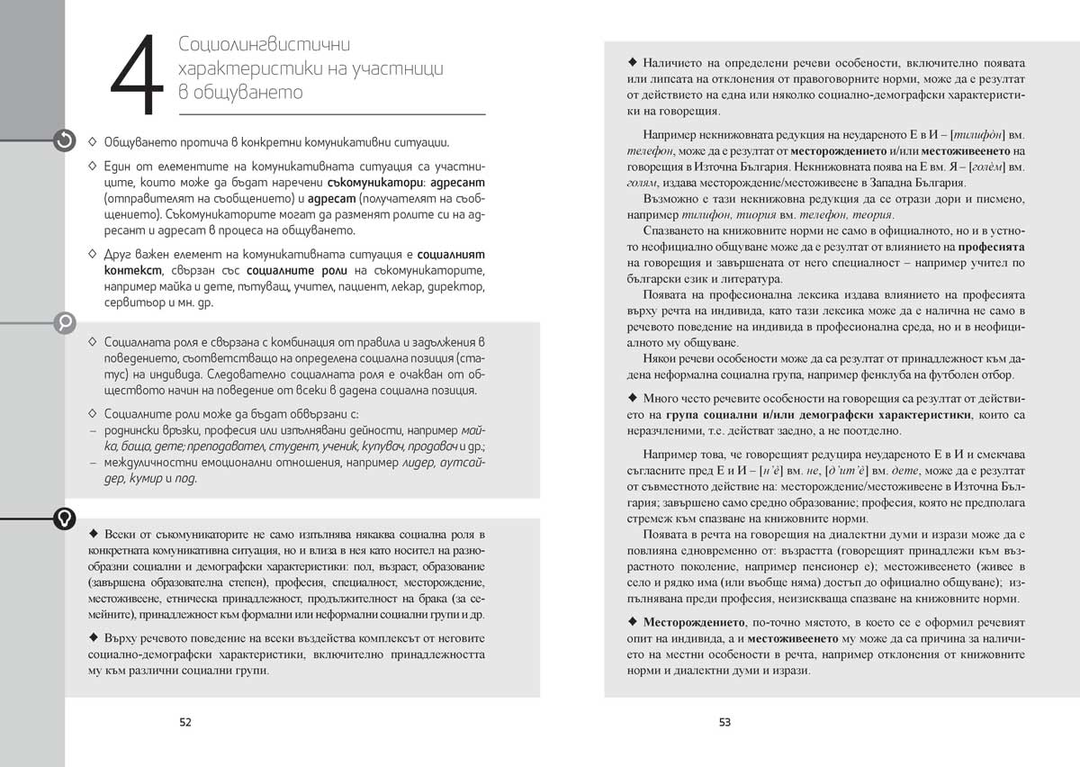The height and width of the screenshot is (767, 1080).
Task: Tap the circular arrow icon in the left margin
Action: [65, 140]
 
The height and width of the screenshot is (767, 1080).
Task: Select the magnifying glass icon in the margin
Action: [65, 322]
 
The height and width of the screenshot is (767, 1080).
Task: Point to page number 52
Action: [184, 721]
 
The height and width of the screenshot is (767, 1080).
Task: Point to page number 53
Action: [724, 721]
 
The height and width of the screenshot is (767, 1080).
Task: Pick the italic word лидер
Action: [405, 463]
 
